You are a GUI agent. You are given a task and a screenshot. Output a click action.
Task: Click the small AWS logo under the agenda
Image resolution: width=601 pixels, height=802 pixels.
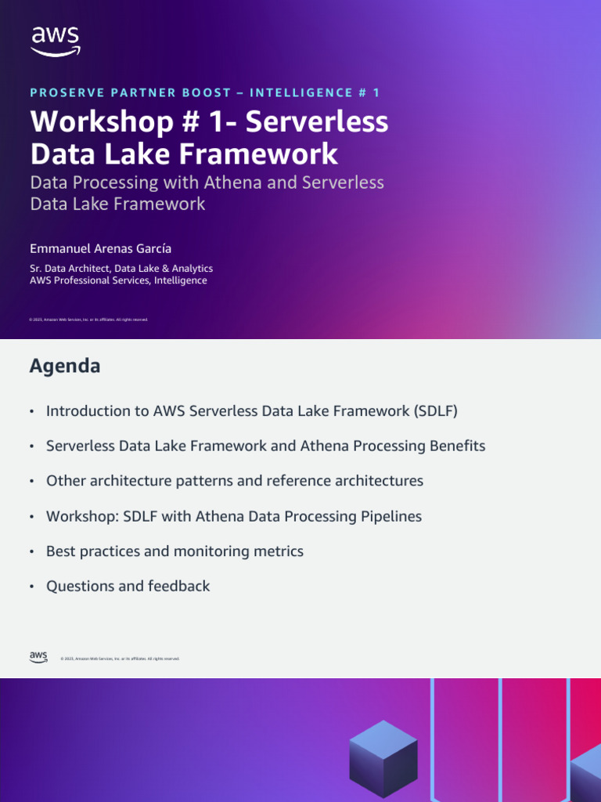click(x=38, y=657)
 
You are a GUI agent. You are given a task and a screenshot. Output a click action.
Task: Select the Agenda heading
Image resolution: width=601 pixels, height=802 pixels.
click(x=65, y=366)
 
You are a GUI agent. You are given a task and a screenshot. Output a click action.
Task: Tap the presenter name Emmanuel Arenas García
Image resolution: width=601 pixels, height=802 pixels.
click(x=100, y=248)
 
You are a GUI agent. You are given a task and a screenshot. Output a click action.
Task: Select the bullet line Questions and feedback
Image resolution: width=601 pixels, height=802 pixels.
click(x=128, y=586)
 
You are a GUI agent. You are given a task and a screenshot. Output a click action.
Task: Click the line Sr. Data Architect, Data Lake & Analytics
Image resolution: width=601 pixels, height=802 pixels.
click(x=121, y=268)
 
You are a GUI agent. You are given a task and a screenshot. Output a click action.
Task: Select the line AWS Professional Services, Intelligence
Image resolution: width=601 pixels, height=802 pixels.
click(x=118, y=280)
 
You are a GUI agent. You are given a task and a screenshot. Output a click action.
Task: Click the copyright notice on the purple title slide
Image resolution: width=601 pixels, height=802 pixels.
click(x=88, y=320)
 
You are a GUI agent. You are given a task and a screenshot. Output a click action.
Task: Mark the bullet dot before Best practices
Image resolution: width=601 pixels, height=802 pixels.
click(x=31, y=552)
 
